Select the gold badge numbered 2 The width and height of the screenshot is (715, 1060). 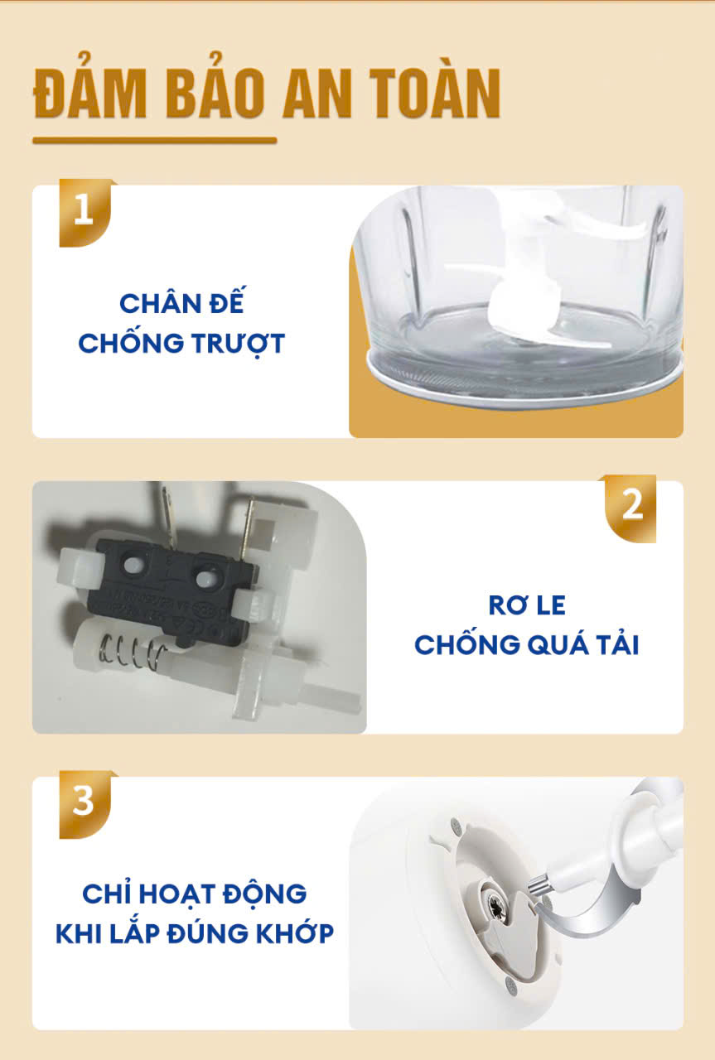tap(630, 508)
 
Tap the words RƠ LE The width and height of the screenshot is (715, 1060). tap(527, 605)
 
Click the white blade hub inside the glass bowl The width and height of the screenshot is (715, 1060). tap(514, 303)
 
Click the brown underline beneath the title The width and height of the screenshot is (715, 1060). tap(154, 141)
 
